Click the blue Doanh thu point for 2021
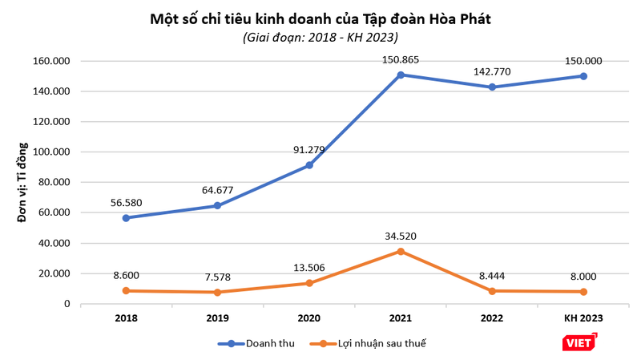point(401,75)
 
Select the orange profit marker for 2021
point(401,251)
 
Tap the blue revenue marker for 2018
point(126,218)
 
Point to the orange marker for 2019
point(217,292)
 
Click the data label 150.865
point(401,59)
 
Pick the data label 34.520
point(401,236)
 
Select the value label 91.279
point(308,149)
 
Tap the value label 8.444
point(492,276)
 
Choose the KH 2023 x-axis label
point(583,318)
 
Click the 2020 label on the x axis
point(308,318)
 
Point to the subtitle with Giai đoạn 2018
point(320,37)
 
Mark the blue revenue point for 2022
point(492,87)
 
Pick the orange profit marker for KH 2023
point(583,292)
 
